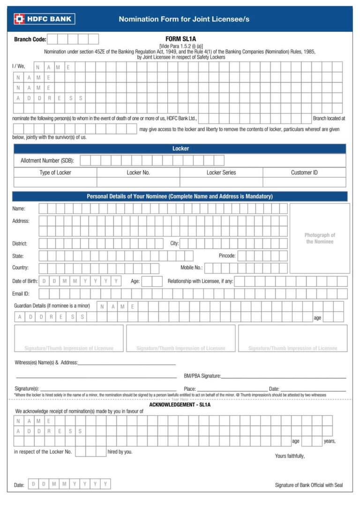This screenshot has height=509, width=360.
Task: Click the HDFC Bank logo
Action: (x=44, y=19)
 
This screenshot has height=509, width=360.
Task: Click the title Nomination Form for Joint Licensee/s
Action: (x=184, y=19)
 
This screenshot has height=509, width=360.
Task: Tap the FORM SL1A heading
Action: (x=180, y=39)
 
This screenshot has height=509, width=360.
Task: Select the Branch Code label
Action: (x=30, y=39)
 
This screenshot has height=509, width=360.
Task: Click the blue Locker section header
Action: (x=180, y=149)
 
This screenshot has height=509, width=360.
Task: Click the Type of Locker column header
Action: (x=55, y=172)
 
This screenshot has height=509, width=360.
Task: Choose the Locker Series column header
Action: (x=221, y=172)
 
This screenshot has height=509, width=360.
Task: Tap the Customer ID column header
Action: (x=304, y=172)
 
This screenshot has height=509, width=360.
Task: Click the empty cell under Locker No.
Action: (x=138, y=182)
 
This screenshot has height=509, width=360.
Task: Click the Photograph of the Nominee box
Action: (x=320, y=238)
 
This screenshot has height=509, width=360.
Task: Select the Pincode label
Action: (x=227, y=256)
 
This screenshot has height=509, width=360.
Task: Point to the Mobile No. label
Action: (x=191, y=268)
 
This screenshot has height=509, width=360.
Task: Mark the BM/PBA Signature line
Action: (x=283, y=376)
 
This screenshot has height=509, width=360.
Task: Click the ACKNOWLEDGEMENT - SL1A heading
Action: (x=180, y=404)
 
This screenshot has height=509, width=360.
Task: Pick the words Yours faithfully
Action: (x=290, y=456)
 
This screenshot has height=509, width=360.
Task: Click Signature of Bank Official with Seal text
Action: (x=308, y=485)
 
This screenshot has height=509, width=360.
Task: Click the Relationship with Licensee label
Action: (x=200, y=281)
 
